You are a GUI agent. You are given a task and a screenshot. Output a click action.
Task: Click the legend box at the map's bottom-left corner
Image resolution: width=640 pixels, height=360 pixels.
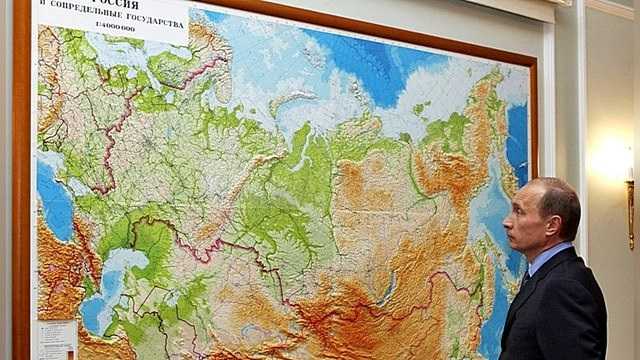pos(56,340)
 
